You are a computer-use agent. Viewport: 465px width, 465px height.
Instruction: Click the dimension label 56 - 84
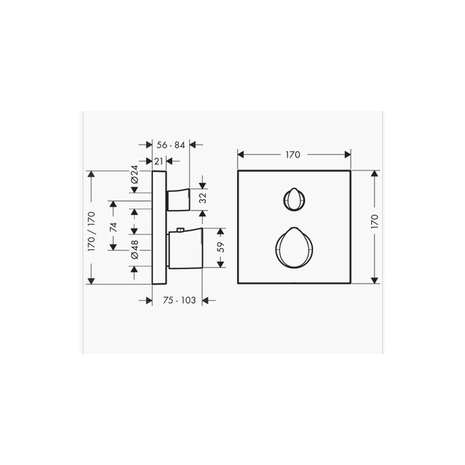tap(170, 145)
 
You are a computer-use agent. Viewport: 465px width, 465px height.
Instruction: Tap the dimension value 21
tap(159, 161)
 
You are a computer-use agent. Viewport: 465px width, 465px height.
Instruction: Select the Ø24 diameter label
tap(134, 174)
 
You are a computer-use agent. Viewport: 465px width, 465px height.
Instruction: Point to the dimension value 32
tap(203, 198)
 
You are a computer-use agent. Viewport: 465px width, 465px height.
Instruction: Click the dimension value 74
tap(113, 227)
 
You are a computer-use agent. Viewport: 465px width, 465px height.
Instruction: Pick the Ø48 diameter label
tap(134, 249)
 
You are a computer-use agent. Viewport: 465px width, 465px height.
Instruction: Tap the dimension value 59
tap(221, 247)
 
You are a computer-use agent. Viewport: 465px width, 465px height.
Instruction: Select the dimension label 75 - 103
tap(179, 300)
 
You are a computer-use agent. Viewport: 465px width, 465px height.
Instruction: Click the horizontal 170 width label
tap(293, 154)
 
